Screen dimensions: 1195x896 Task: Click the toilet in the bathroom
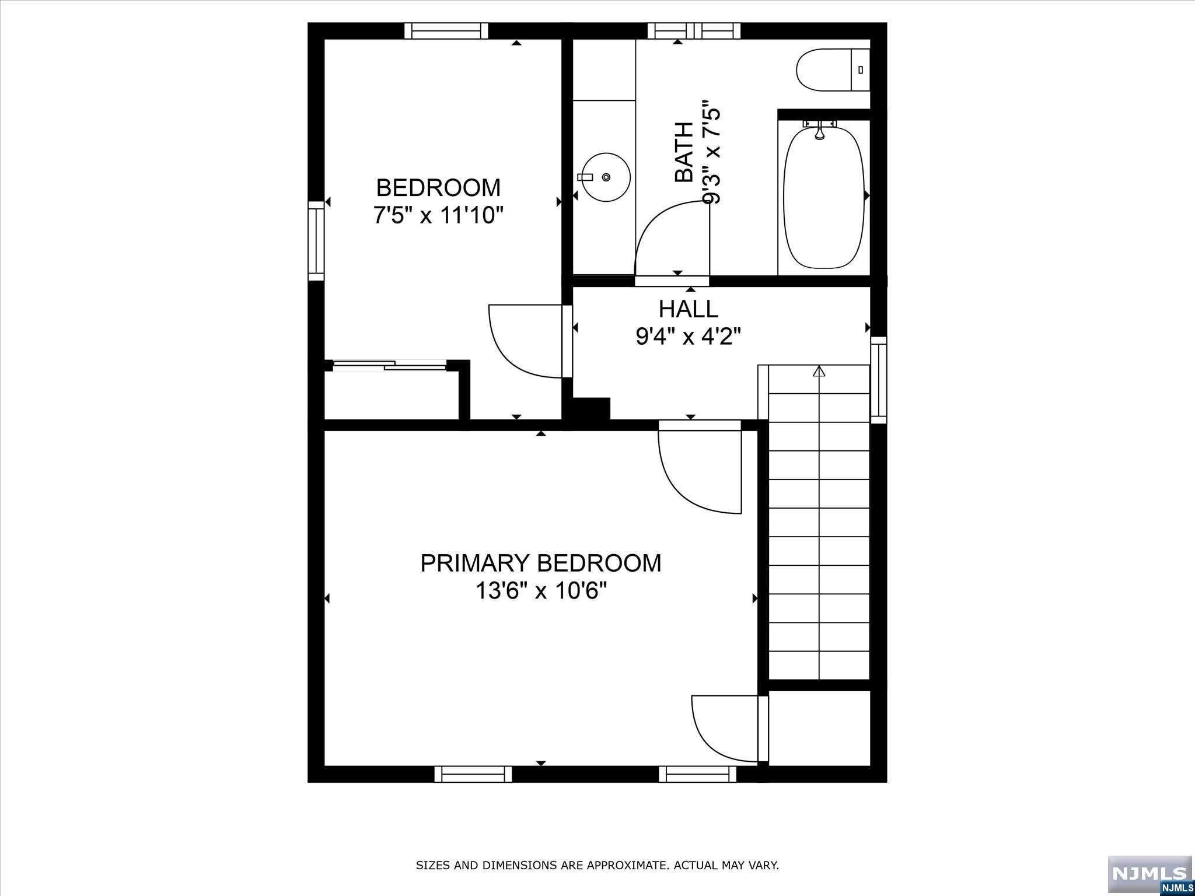pyautogui.click(x=833, y=70)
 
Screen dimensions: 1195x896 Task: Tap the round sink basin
pyautogui.click(x=606, y=177)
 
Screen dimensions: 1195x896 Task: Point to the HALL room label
pyautogui.click(x=689, y=309)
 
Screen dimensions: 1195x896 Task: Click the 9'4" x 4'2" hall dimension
pyautogui.click(x=689, y=337)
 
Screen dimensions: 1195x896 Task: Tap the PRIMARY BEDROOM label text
pyautogui.click(x=541, y=563)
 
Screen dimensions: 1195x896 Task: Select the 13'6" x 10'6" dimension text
pyautogui.click(x=541, y=591)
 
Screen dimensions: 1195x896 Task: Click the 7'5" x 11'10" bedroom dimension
pyautogui.click(x=438, y=216)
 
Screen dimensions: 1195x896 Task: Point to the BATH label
pyautogui.click(x=684, y=152)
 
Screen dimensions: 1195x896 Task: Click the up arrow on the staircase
pyautogui.click(x=819, y=371)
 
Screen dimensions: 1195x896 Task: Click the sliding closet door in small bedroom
pyautogui.click(x=390, y=366)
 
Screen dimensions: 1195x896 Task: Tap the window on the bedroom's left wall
pyautogui.click(x=316, y=241)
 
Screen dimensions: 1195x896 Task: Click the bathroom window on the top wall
pyautogui.click(x=694, y=30)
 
